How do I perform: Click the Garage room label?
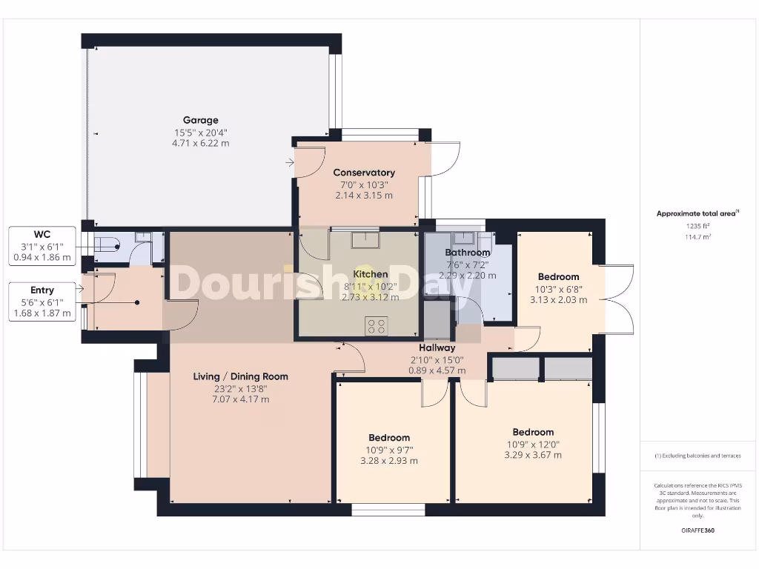[201, 120]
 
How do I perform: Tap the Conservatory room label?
[364, 173]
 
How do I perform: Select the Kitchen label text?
[371, 274]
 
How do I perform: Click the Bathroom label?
[467, 253]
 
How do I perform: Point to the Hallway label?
[437, 347]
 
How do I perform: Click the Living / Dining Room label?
[241, 376]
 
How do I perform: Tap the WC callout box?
[42, 246]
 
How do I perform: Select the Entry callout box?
[42, 302]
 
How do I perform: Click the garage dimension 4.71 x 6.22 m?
[201, 143]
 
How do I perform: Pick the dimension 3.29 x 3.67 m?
[533, 455]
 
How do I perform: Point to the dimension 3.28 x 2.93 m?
[389, 460]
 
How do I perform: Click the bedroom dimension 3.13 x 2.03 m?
[558, 300]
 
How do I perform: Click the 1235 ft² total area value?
[697, 227]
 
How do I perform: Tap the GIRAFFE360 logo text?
[697, 530]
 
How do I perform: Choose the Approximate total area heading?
[697, 213]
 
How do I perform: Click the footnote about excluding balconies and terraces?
[697, 456]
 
